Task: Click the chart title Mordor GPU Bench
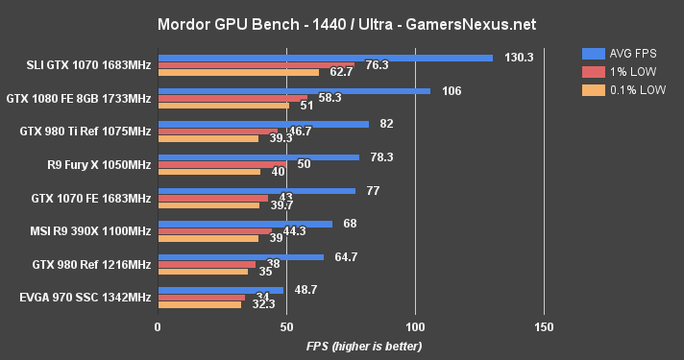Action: (341, 23)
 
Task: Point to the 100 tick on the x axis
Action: (415, 327)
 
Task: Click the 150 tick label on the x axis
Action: (544, 327)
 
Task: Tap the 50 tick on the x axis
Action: (286, 327)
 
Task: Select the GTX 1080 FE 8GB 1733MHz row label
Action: (79, 98)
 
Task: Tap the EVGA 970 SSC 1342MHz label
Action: (85, 297)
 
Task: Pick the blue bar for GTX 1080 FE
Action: (294, 91)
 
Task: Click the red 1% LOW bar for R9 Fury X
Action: (222, 164)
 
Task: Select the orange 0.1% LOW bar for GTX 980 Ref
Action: (203, 272)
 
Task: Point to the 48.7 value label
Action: (305, 289)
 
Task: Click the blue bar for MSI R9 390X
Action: (245, 224)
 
